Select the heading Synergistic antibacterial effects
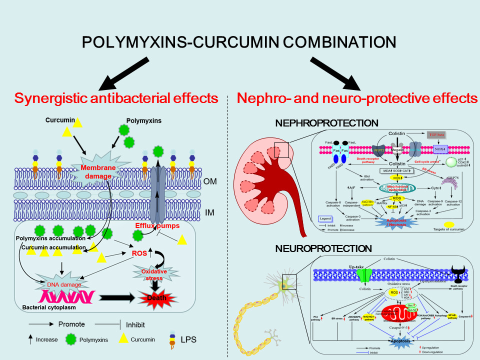click(x=116, y=98)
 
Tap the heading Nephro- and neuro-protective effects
click(x=357, y=98)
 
